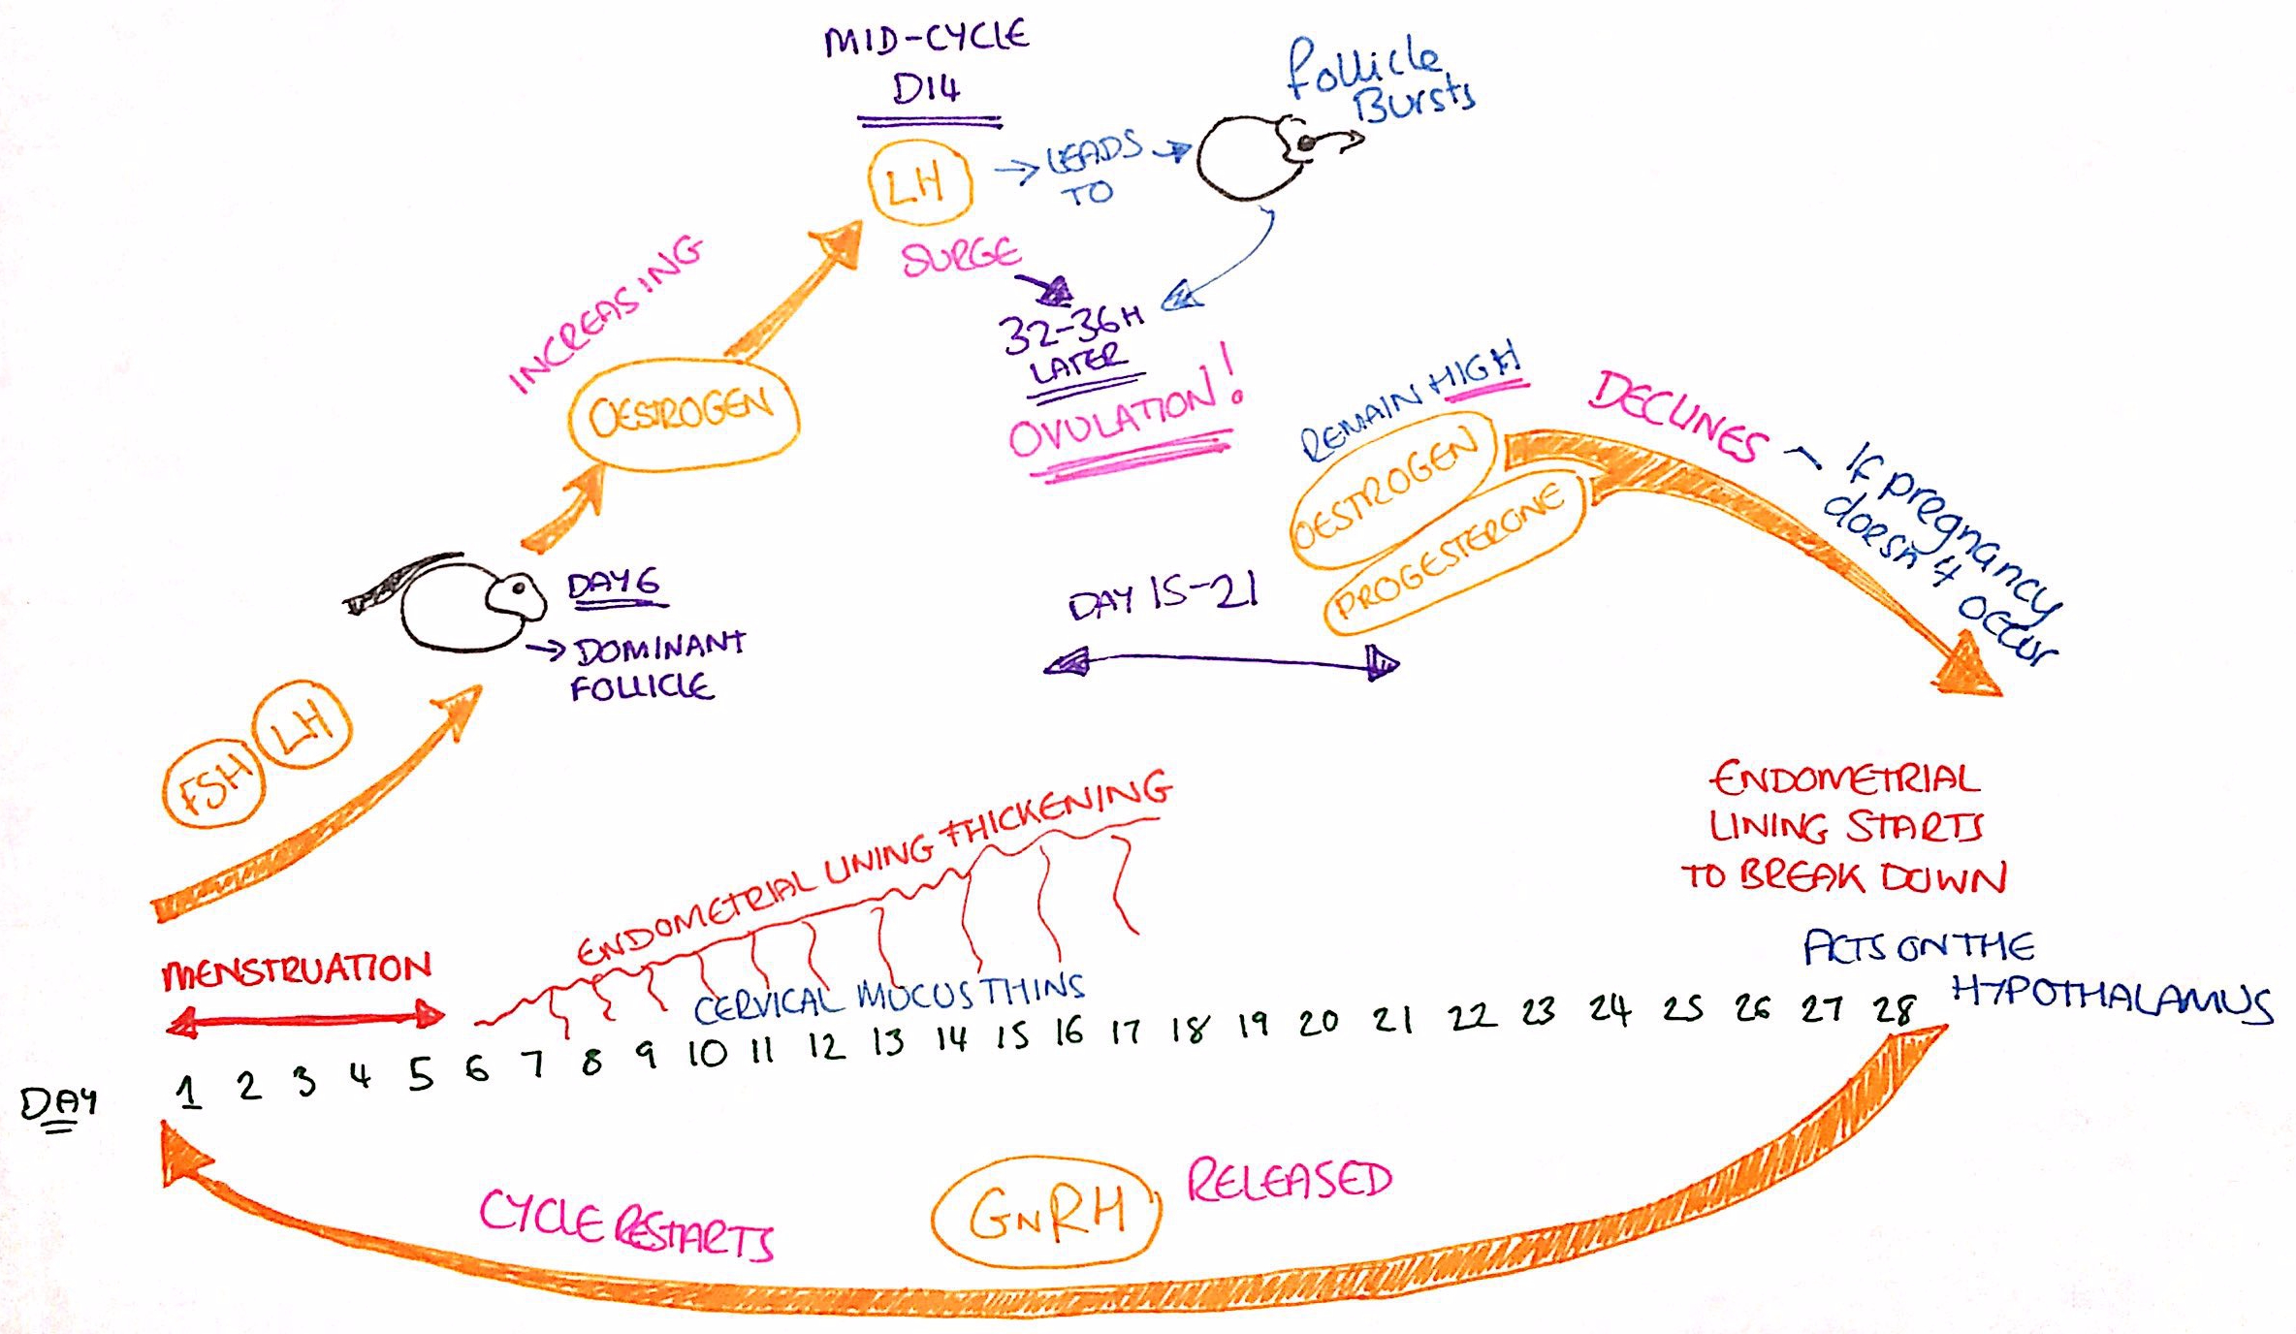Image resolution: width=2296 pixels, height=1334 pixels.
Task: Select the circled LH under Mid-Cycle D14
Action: pyautogui.click(x=918, y=182)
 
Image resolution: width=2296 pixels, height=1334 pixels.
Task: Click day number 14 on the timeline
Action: pyautogui.click(x=951, y=1038)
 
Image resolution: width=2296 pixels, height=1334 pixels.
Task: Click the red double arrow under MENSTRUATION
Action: pyautogui.click(x=304, y=1018)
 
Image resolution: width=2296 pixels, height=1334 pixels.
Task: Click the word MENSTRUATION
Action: pyautogui.click(x=297, y=970)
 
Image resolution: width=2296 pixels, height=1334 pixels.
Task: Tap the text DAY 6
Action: pyautogui.click(x=613, y=585)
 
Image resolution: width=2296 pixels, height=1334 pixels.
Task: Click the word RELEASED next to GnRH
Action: pyautogui.click(x=1290, y=1180)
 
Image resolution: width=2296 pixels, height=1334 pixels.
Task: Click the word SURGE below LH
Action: pyautogui.click(x=960, y=257)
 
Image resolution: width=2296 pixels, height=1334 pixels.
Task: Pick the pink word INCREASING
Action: pyautogui.click(x=606, y=315)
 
